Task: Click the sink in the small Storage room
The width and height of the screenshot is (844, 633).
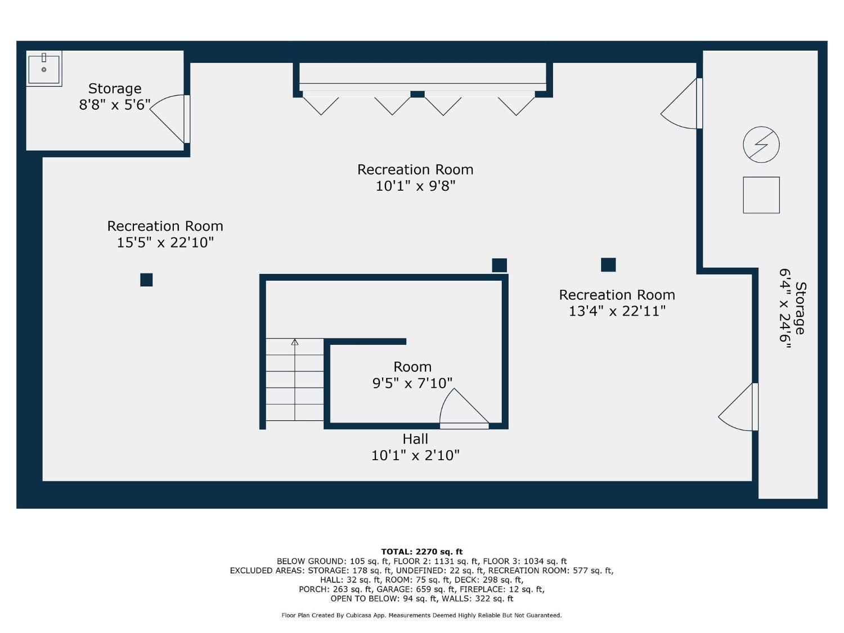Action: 44,69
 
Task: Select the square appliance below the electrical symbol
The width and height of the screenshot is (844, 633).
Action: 761,195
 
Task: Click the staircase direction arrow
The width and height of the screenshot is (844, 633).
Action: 294,380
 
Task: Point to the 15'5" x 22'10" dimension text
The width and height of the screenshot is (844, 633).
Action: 165,243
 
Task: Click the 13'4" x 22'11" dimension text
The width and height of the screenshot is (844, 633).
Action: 617,311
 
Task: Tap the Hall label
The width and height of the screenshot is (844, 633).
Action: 415,439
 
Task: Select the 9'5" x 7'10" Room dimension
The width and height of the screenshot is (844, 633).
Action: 412,383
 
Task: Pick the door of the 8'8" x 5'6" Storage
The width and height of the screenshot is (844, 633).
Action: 169,119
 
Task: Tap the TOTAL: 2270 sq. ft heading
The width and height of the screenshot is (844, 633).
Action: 422,552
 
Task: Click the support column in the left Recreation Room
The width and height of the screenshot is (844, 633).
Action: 146,280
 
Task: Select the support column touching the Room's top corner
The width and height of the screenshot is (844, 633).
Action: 499,265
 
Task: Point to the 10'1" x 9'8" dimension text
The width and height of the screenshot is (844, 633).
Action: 415,186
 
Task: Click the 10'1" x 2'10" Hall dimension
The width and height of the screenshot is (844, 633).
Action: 415,455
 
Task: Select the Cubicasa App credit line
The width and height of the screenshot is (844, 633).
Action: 421,616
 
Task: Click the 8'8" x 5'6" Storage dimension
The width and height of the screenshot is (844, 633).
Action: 115,105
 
